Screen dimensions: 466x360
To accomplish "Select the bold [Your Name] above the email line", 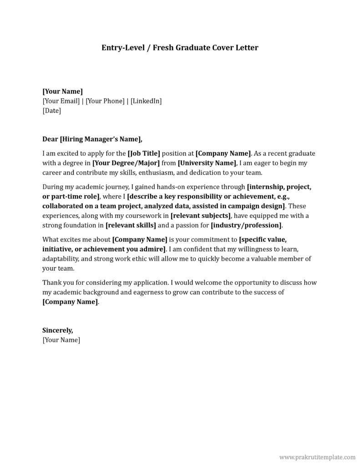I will (x=62, y=91).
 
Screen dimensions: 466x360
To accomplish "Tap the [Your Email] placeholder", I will (x=61, y=101).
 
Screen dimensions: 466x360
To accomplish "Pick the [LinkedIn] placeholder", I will (x=146, y=101).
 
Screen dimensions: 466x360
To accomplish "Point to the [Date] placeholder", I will (x=51, y=110).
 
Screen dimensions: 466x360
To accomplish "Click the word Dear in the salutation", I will (x=50, y=139).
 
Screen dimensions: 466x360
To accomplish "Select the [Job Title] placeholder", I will (x=144, y=153).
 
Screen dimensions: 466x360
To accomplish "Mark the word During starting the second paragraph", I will (x=53, y=187).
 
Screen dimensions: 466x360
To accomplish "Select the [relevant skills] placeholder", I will (x=131, y=225).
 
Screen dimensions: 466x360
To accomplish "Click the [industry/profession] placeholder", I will (x=246, y=225).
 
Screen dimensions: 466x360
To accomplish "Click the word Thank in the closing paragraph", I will (x=51, y=282).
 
